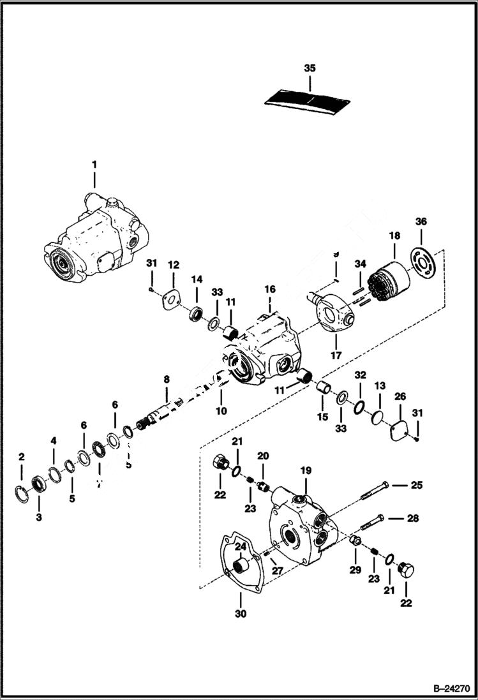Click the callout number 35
[x=310, y=68]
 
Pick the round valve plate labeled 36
[x=422, y=260]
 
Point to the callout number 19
[x=306, y=470]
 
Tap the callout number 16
[x=270, y=289]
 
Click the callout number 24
[x=240, y=546]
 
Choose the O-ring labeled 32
[x=360, y=407]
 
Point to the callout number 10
[x=221, y=411]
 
